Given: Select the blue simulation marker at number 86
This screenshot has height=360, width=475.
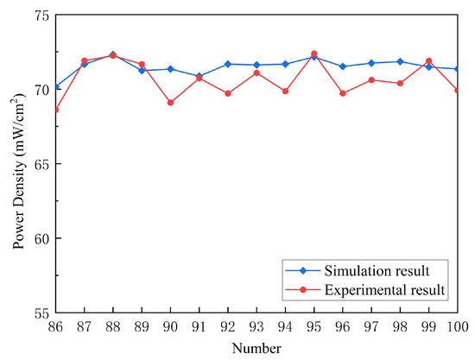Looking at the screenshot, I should point(56,87).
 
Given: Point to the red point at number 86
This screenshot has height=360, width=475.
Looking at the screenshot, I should point(56,110).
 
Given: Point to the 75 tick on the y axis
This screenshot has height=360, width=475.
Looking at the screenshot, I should point(41,15).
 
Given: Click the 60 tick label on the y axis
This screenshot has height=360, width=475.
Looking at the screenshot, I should point(41,238).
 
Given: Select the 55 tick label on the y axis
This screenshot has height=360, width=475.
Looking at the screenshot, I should point(41,313).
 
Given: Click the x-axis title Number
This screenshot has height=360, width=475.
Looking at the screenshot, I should point(256,347).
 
